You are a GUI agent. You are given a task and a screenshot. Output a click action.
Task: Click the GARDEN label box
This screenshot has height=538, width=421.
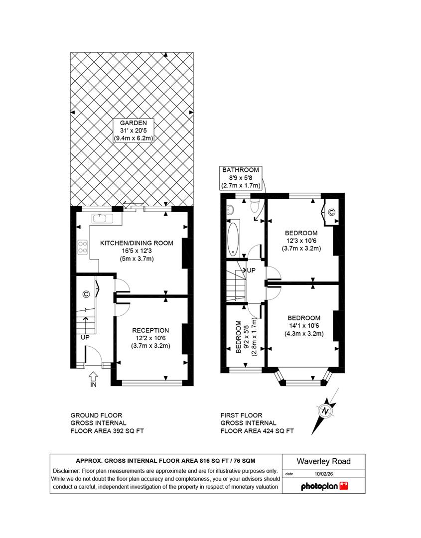point(132,131)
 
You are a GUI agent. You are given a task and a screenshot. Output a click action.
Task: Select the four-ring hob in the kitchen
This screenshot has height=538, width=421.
point(83,247)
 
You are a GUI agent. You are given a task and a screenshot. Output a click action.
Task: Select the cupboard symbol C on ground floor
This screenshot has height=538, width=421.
point(86,294)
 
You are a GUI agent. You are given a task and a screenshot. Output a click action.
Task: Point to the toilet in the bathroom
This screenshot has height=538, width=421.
point(255,205)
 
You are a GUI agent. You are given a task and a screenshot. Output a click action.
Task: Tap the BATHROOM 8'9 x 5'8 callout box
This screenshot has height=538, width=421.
point(241,177)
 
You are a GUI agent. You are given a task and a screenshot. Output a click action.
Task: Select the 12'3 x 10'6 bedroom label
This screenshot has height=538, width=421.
point(301,240)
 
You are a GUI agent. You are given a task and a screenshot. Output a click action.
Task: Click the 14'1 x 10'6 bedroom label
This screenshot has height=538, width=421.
point(303,326)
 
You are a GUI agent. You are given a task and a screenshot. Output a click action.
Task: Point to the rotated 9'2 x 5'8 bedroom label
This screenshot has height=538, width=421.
point(246,337)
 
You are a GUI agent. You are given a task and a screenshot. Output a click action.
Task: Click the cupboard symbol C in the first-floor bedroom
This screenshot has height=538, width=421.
point(331,212)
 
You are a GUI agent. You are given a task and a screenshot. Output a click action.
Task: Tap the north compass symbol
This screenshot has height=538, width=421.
point(324,411)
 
